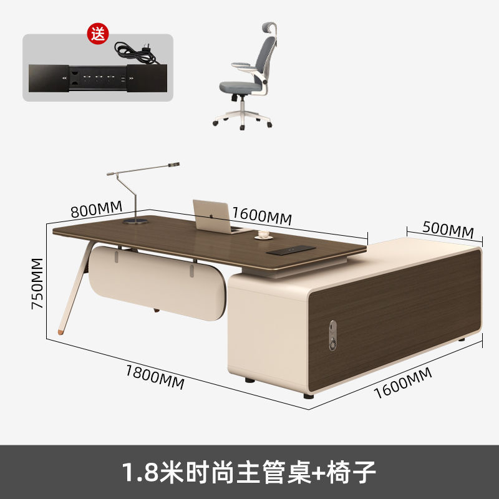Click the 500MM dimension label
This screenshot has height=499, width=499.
[x=448, y=228]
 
